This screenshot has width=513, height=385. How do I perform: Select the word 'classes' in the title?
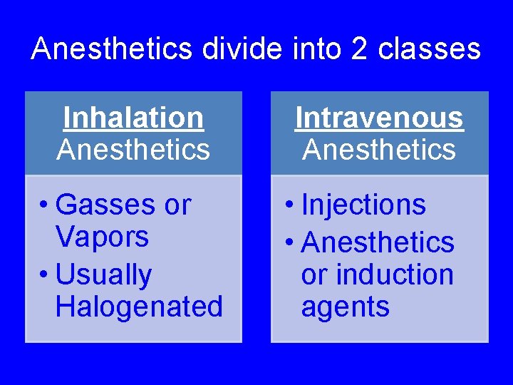click(430, 49)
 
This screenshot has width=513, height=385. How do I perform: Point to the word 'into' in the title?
click(314, 49)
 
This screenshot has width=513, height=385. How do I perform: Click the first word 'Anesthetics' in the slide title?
click(112, 49)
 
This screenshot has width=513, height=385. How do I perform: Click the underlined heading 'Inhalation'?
click(133, 118)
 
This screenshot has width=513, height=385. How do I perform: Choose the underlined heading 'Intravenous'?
click(379, 118)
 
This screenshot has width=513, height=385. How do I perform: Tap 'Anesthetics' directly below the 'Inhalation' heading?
click(133, 150)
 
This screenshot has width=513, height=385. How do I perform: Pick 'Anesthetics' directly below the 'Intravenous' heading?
click(379, 150)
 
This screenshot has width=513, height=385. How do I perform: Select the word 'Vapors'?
click(101, 237)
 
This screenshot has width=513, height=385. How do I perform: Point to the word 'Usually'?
click(103, 275)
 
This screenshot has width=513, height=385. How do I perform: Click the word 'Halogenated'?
click(139, 307)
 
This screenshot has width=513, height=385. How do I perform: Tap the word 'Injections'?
click(363, 205)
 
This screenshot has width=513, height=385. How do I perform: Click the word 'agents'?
click(345, 307)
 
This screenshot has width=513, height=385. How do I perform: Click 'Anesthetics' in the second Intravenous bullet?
click(378, 243)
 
